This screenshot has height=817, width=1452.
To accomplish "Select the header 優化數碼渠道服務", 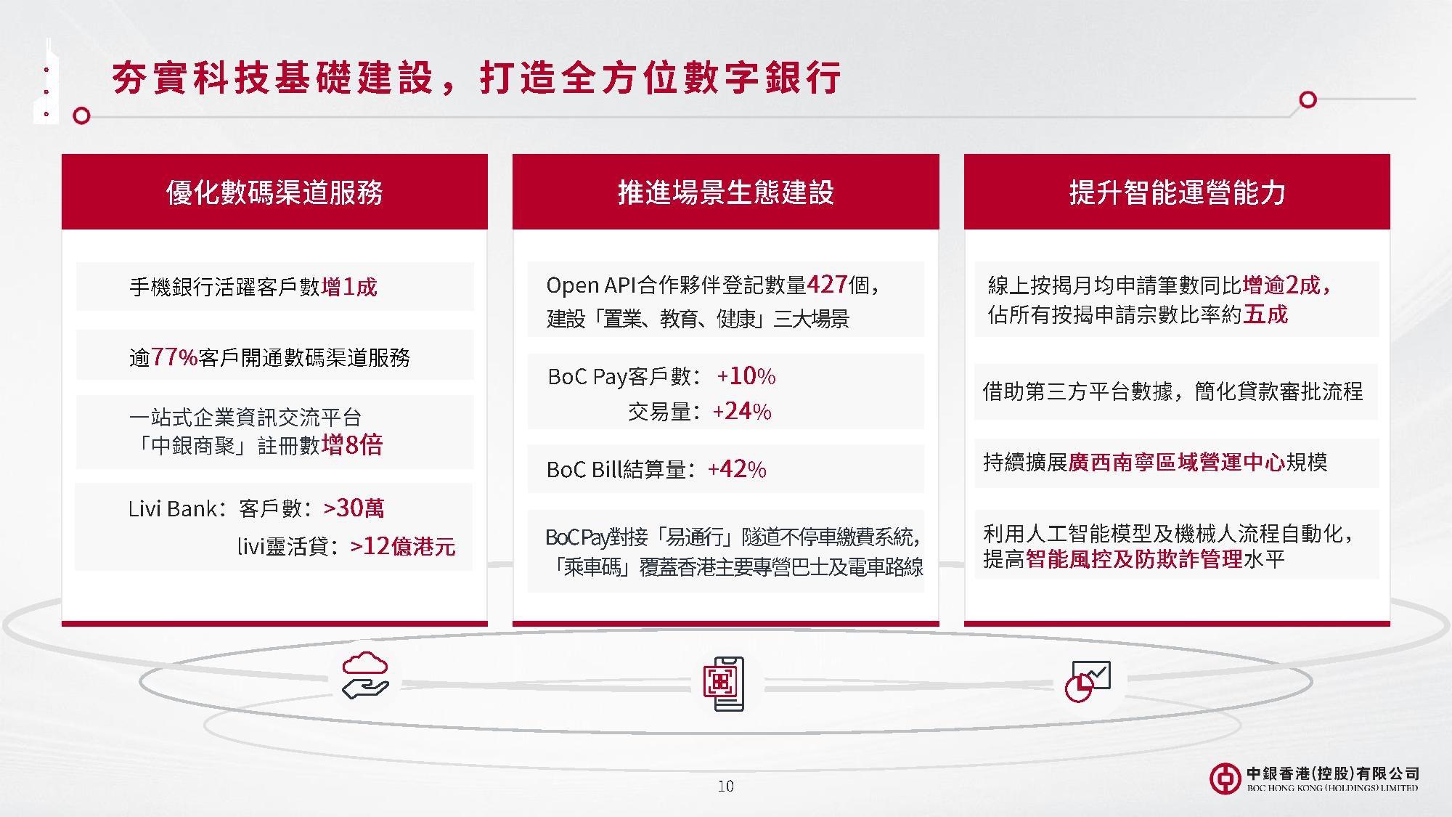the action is pos(274,192).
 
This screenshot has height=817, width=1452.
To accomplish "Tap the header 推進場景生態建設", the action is pos(726,192).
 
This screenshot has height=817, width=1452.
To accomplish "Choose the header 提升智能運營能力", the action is pos(1177,192).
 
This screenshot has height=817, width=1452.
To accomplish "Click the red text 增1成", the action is pos(349,287).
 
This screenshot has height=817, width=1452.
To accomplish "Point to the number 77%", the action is pos(174,357).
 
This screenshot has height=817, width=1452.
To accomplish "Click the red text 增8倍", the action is pos(352,444).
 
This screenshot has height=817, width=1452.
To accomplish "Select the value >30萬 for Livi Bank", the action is pos(354,508).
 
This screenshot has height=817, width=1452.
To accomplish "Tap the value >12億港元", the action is pos(403,545).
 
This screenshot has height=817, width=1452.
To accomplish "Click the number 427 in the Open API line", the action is pos(827,284).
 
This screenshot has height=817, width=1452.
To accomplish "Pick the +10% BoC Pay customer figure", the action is pos(746,375).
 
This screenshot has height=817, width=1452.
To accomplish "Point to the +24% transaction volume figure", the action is pos(742,411).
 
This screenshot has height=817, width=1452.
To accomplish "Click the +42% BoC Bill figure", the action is pos(737,469).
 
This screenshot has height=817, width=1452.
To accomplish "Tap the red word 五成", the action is pos(1265,314).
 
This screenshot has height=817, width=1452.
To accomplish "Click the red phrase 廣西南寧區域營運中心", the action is pos(1177,462).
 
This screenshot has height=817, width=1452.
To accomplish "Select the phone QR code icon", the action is pos(724,683).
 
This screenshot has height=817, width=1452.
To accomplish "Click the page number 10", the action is pos(725,786).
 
